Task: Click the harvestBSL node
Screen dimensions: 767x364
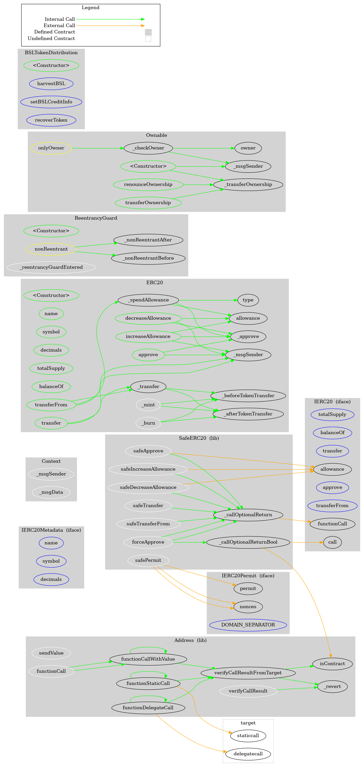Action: pyautogui.click(x=51, y=84)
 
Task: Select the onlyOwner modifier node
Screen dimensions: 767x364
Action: pyautogui.click(x=51, y=148)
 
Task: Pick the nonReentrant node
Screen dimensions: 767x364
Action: pyautogui.click(x=51, y=249)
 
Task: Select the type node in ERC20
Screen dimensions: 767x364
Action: pyautogui.click(x=248, y=300)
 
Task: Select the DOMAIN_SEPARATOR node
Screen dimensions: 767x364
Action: pyautogui.click(x=248, y=625)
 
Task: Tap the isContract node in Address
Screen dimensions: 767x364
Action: pyautogui.click(x=332, y=664)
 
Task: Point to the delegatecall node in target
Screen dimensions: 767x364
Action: pyautogui.click(x=248, y=754)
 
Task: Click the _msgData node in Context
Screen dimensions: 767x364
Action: pyautogui.click(x=51, y=492)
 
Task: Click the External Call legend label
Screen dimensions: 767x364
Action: pyautogui.click(x=59, y=26)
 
